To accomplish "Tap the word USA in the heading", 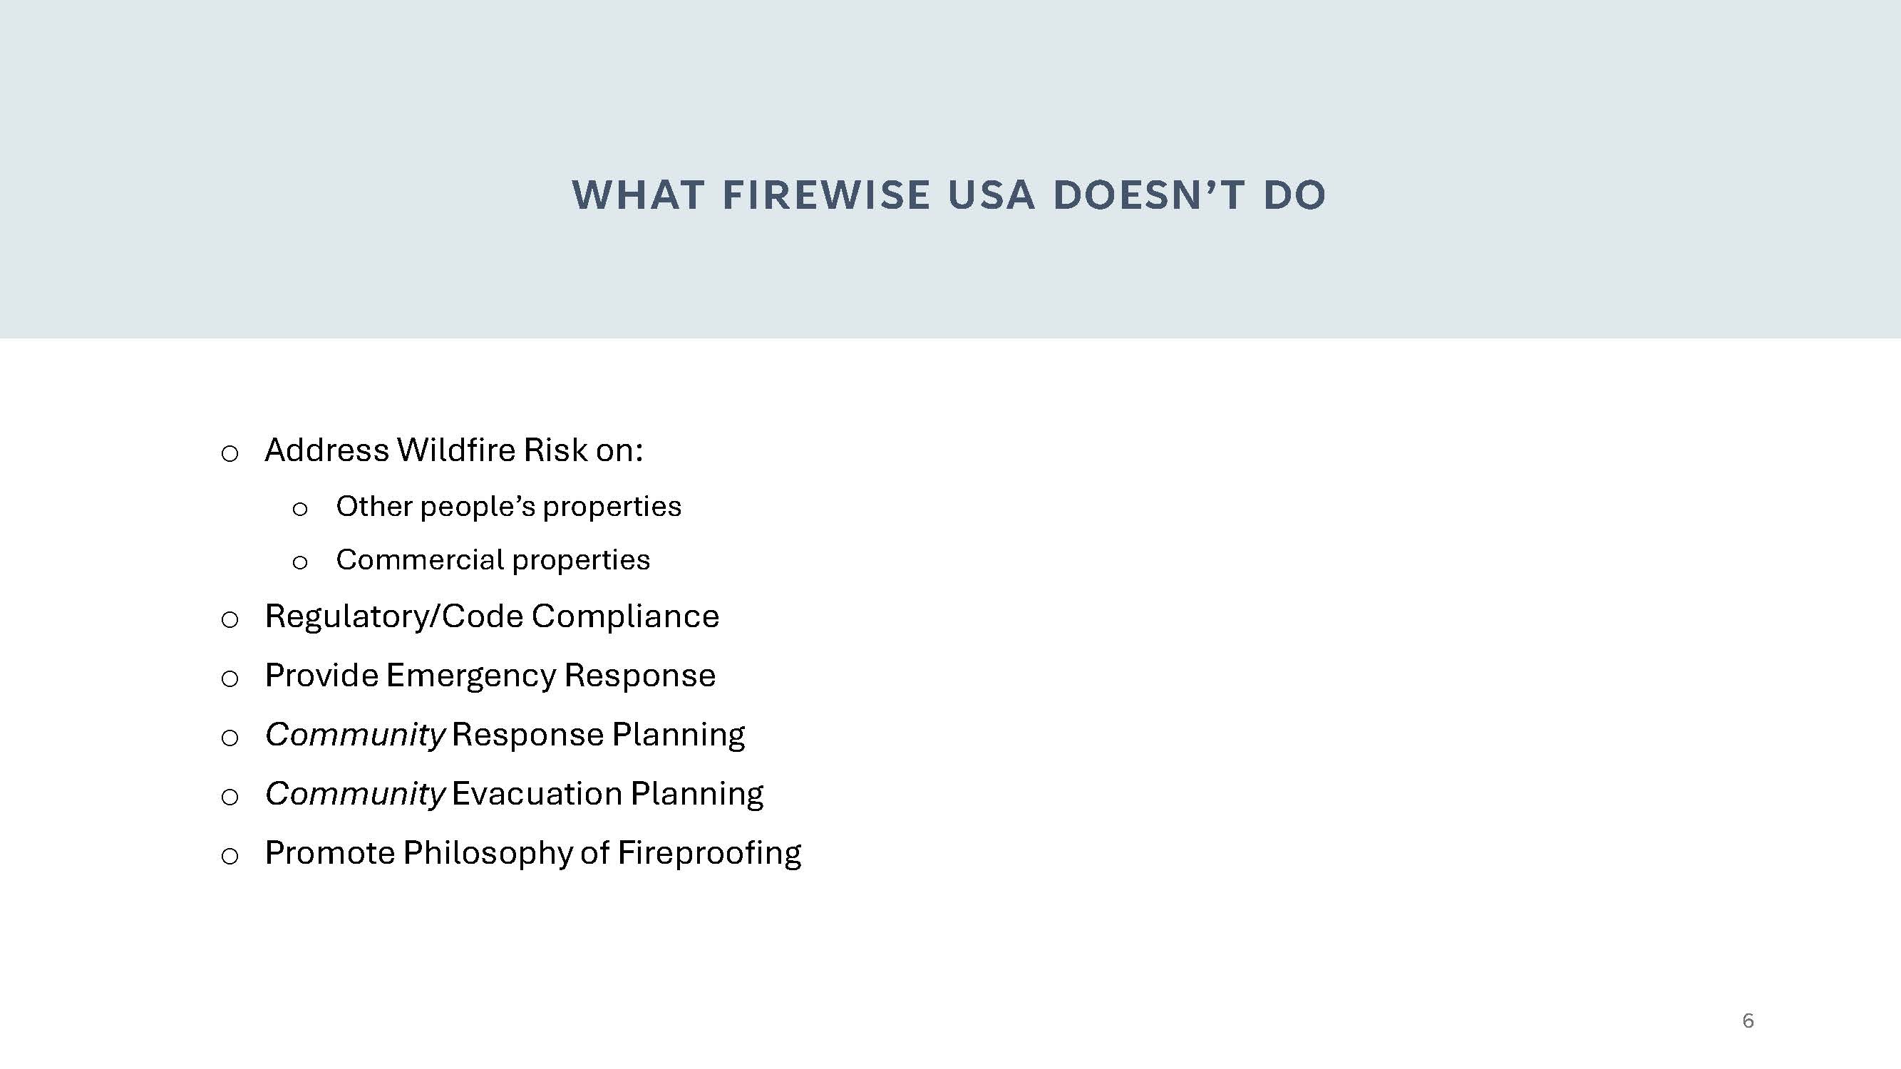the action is click(991, 195).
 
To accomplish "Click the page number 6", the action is click(1748, 1021).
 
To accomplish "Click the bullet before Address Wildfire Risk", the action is click(230, 454).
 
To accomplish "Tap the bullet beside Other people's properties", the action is click(299, 509).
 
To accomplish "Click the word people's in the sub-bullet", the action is click(478, 507).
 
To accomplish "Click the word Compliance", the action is click(625, 616).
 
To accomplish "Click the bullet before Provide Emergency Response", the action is click(230, 678).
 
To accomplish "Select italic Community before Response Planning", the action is click(355, 735).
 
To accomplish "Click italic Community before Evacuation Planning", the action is click(355, 795).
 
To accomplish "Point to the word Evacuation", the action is click(537, 794).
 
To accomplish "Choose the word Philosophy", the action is click(488, 854).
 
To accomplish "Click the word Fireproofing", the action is click(709, 854).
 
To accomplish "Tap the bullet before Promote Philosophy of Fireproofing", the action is click(230, 857).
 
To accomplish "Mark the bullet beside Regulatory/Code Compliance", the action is click(230, 620).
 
